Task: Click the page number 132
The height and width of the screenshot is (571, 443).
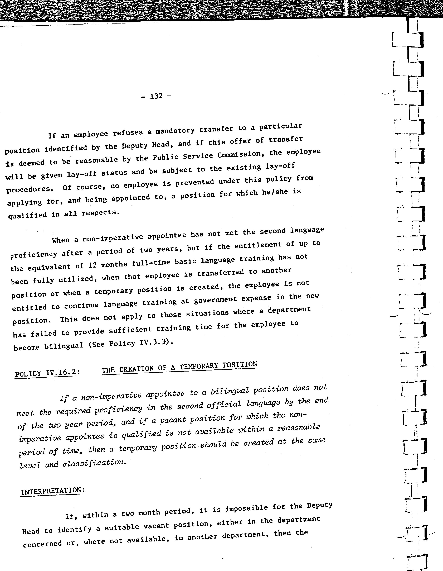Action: click(x=156, y=96)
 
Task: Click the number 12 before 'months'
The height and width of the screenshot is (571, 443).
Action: click(x=93, y=265)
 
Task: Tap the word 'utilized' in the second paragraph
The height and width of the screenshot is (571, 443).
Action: click(x=76, y=279)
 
